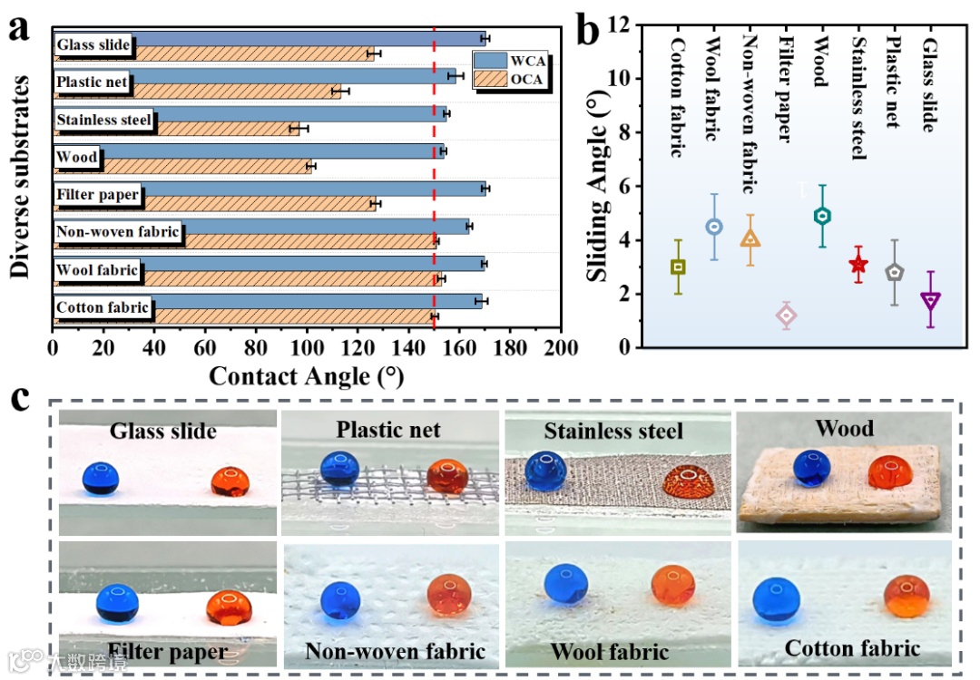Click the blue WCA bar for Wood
pyautogui.click(x=272, y=151)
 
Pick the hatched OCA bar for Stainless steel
pyautogui.click(x=227, y=129)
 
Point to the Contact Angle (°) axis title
pyautogui.click(x=306, y=376)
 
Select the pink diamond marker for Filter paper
pyautogui.click(x=786, y=315)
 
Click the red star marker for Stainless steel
pyautogui.click(x=858, y=265)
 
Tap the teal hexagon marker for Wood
pyautogui.click(x=822, y=216)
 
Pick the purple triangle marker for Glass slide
pyautogui.click(x=930, y=300)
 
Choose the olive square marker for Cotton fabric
pyautogui.click(x=678, y=267)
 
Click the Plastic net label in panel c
pyautogui.click(x=388, y=429)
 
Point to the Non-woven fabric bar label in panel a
pyautogui.click(x=118, y=232)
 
